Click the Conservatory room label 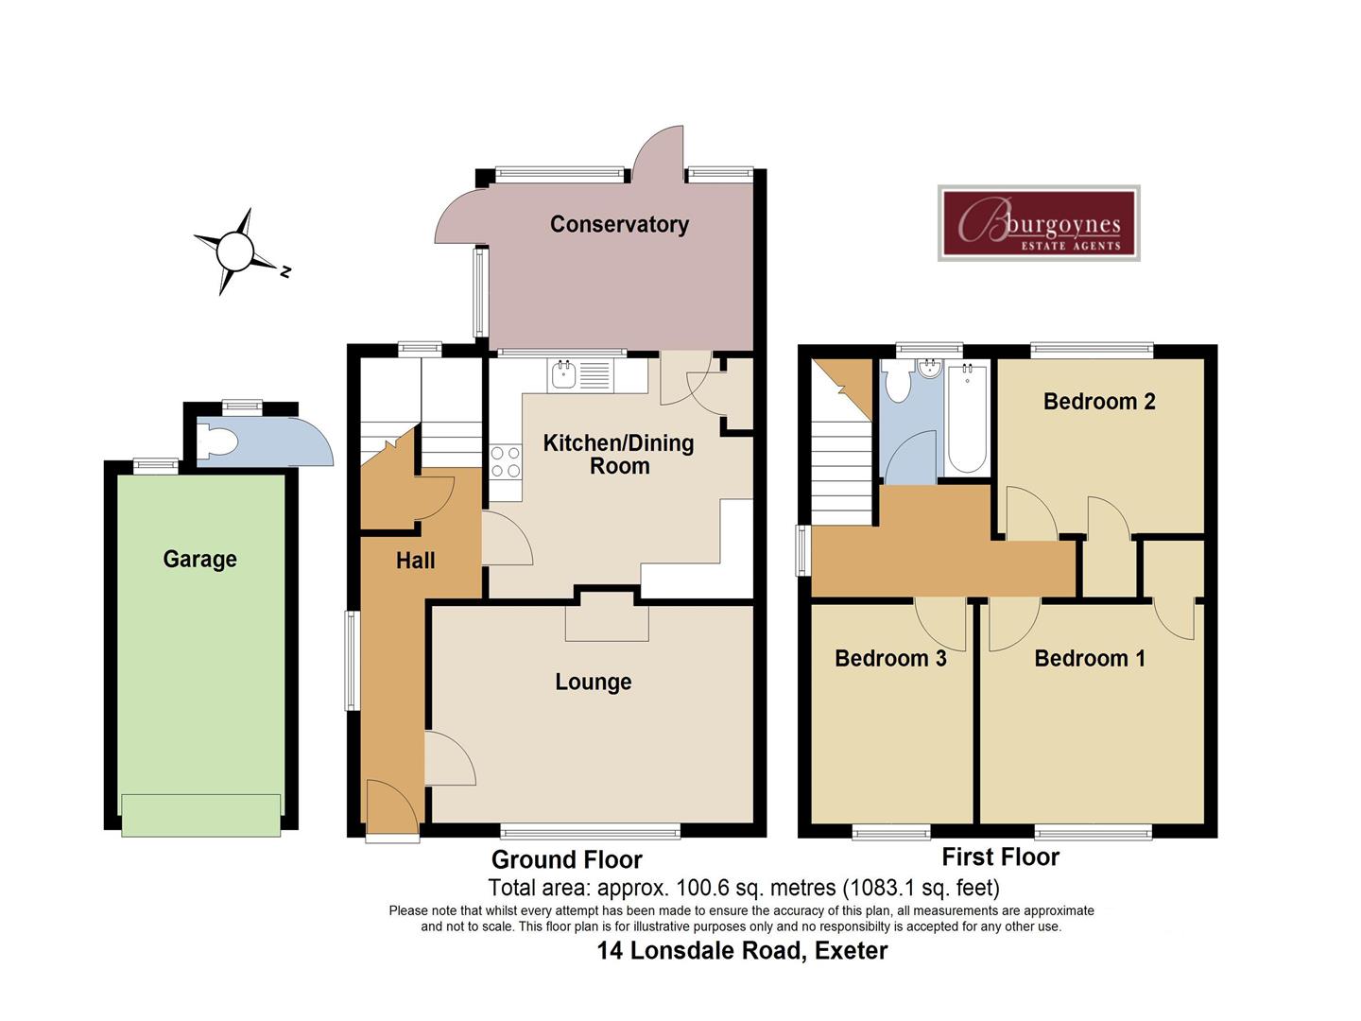pos(619,224)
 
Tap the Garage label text pos(199,559)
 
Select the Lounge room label pos(594,682)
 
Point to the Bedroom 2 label pos(1099,401)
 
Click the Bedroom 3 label pos(890,658)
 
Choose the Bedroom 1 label pos(1090,658)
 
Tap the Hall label pos(416,561)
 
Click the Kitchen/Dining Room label pos(619,455)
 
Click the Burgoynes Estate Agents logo pos(1039,223)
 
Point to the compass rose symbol pos(235,251)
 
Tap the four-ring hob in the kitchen pos(506,462)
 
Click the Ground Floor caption pos(567,860)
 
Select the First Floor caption pos(1001,857)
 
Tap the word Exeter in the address pos(851,951)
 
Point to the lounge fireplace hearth pos(607,623)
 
